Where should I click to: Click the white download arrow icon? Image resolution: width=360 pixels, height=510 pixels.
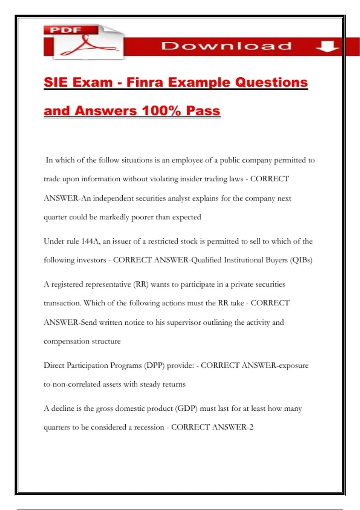point(327,46)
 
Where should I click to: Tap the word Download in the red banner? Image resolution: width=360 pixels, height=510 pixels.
point(226,46)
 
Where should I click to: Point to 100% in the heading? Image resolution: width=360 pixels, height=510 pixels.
point(161,111)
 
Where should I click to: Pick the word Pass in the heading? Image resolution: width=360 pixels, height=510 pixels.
point(203,111)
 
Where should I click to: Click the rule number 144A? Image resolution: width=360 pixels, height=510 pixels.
point(90,241)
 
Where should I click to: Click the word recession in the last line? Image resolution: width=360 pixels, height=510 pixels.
point(149,427)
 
